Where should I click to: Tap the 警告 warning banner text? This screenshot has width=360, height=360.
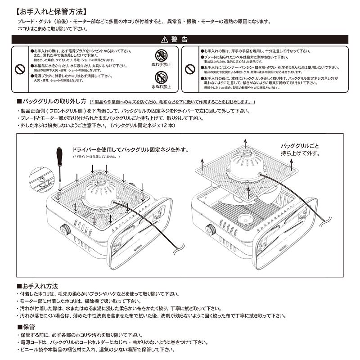click(180, 40)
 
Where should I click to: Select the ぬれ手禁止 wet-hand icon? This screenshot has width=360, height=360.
click(161, 56)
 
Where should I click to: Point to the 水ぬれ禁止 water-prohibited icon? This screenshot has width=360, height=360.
click(161, 76)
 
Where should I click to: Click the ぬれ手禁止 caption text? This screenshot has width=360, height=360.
click(161, 65)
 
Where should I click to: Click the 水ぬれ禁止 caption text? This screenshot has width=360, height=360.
click(161, 86)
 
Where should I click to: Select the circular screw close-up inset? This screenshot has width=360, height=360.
click(40, 179)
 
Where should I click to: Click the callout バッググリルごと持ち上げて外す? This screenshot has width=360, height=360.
click(300, 150)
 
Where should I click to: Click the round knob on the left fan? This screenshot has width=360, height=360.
click(66, 229)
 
